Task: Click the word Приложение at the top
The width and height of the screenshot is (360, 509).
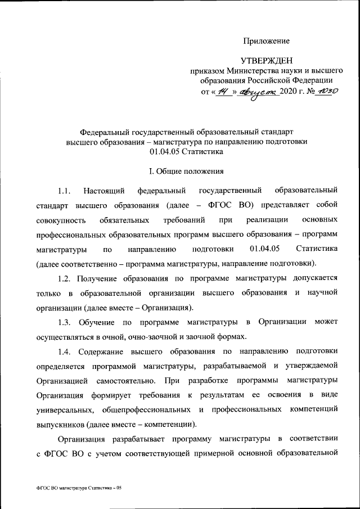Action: [267, 41]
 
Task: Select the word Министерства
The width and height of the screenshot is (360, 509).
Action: [256, 71]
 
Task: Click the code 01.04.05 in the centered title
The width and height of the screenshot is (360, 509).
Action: [165, 152]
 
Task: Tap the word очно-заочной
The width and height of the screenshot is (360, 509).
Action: [146, 336]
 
